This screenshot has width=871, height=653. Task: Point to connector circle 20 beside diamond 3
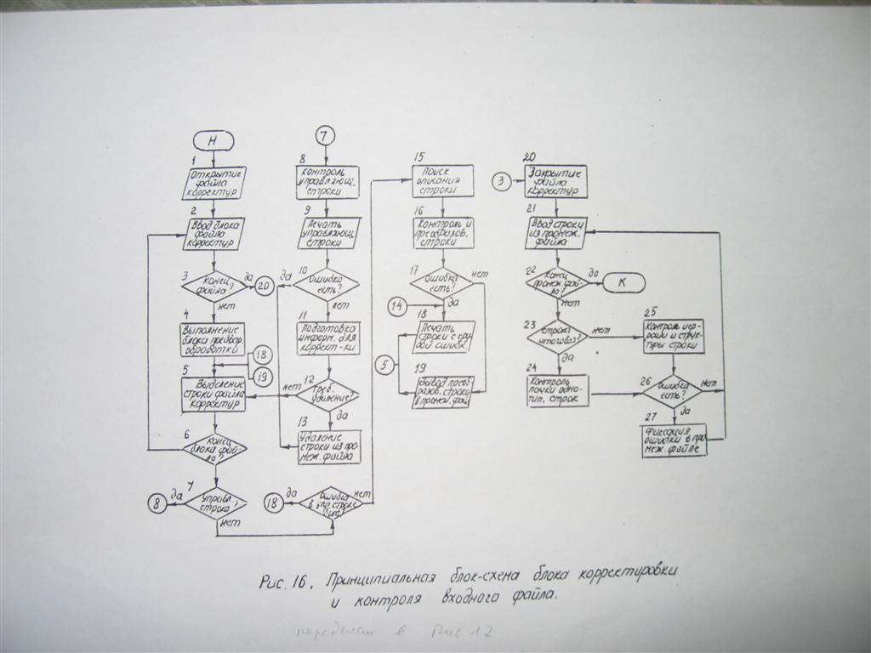pyautogui.click(x=263, y=287)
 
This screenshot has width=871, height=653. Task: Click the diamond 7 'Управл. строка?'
pyautogui.click(x=216, y=503)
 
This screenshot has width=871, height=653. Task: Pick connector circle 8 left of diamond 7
pyautogui.click(x=157, y=503)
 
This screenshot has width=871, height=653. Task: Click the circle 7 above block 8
pyautogui.click(x=327, y=134)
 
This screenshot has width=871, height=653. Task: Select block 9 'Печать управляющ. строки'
pyautogui.click(x=328, y=232)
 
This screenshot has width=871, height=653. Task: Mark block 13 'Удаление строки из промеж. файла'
pyautogui.click(x=329, y=446)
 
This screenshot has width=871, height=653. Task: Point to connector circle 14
pyautogui.click(x=397, y=305)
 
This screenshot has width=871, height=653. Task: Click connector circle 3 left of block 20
pyautogui.click(x=503, y=181)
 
